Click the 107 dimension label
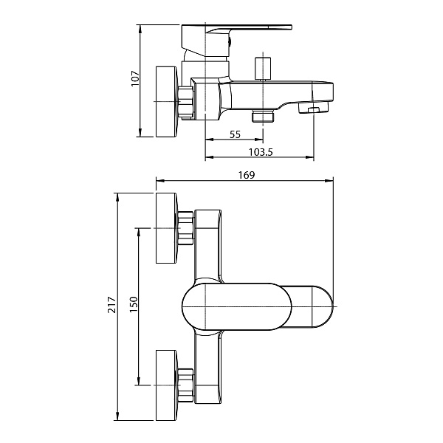click(136, 78)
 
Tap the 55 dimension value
click(235, 134)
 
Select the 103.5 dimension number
click(261, 152)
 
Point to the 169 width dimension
click(247, 175)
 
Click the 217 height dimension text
click(112, 304)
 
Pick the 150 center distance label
click(134, 304)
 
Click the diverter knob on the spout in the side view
click(263, 69)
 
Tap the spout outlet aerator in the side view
click(314, 108)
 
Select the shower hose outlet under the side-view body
click(263, 116)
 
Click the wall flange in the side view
click(167, 102)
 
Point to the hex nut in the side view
click(186, 103)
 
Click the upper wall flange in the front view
click(167, 228)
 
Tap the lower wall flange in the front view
click(167, 385)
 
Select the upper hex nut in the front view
click(186, 228)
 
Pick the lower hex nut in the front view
click(186, 385)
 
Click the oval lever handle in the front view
click(237, 306)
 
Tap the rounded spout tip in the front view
click(323, 306)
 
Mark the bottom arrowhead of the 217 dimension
click(117, 416)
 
